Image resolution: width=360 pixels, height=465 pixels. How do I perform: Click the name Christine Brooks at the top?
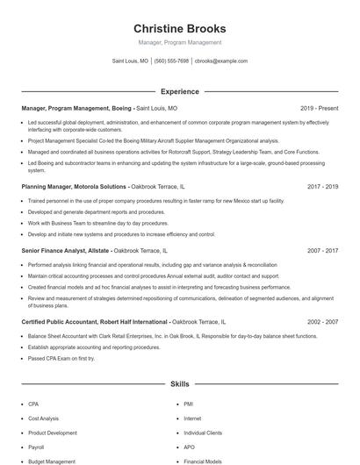point(179,28)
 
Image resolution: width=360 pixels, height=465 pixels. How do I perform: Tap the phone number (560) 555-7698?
point(171,61)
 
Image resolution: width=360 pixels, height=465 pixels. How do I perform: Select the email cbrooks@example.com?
point(221,61)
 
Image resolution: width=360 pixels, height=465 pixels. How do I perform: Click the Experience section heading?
point(179,91)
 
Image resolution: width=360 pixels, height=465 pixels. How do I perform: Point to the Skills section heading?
point(179,384)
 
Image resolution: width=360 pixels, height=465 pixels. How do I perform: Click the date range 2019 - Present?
point(319,108)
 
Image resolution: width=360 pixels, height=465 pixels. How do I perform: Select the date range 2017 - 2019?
point(323,187)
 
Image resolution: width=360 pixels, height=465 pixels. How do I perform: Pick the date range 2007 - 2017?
point(323,250)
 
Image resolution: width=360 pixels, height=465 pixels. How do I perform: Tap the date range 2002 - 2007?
point(323,322)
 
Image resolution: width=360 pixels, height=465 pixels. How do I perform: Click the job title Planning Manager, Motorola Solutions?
point(74,187)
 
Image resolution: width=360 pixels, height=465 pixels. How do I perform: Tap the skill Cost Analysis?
point(44,418)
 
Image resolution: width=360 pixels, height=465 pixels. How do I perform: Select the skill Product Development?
point(53,433)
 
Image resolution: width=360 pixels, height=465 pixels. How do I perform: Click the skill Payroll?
point(36,447)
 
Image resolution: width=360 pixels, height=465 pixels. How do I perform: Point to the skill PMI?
point(188,404)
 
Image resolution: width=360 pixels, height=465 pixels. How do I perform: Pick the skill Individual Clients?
point(203,433)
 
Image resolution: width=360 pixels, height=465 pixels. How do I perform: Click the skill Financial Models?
point(203,461)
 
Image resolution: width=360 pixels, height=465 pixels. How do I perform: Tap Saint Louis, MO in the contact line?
point(130,61)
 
